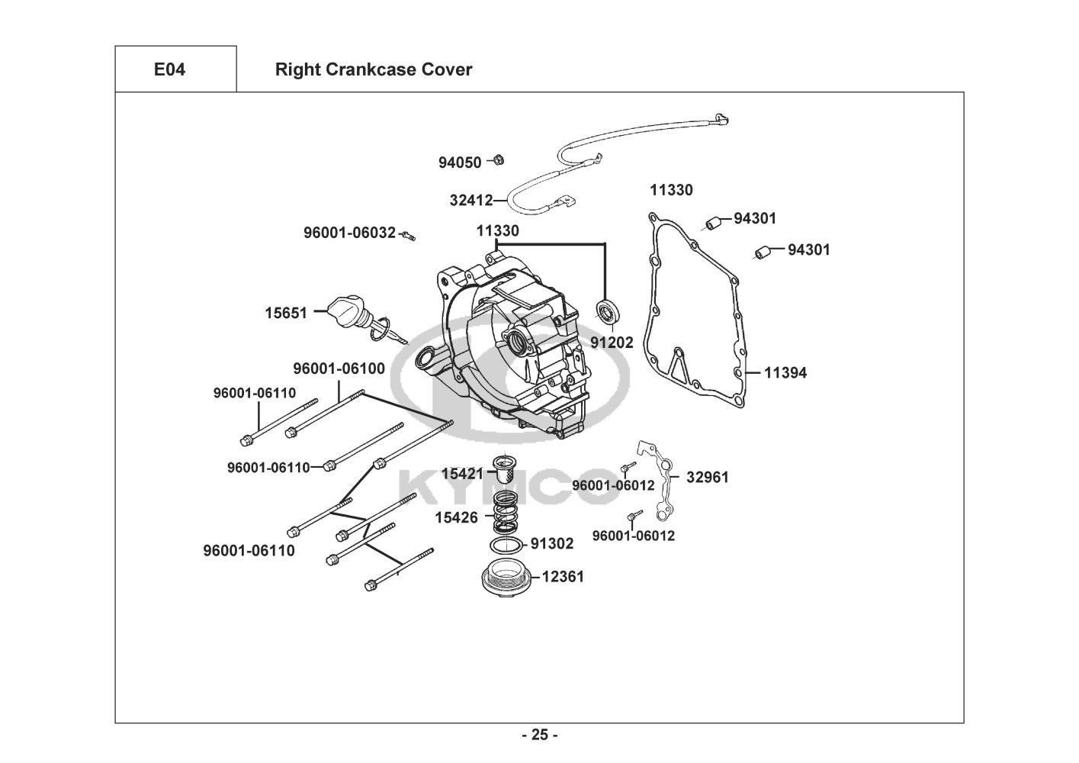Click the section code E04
tap(169, 69)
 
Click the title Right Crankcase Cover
tap(373, 69)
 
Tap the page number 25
tap(539, 736)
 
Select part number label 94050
tap(460, 163)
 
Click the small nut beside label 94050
tap(497, 160)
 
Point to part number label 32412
tap(470, 201)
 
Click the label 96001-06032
tap(349, 233)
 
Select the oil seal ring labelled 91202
tap(607, 311)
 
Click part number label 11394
tap(785, 373)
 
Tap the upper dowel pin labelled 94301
tap(715, 223)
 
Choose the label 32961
tap(708, 478)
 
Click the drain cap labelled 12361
tap(504, 578)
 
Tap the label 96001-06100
tap(339, 369)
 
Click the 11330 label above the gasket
tap(671, 190)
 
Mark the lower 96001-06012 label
tap(634, 536)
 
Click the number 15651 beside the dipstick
tap(286, 313)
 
